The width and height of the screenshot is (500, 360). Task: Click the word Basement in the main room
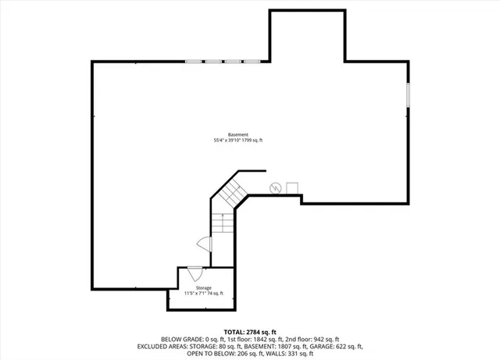pos(238,134)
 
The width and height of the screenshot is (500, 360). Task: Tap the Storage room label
pos(203,288)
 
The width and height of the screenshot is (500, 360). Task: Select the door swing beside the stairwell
pos(205,244)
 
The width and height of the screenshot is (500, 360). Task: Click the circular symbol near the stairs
pos(276,187)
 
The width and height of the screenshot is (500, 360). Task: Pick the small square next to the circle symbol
pos(292,187)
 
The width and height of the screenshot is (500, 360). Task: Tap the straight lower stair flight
pos(223,223)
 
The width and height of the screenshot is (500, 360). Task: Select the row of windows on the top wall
pos(223,61)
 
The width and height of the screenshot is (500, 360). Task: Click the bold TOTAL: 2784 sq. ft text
pos(250,332)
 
